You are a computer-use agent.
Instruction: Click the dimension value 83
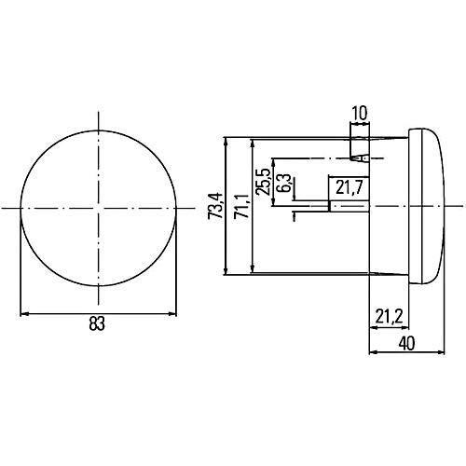(x=97, y=323)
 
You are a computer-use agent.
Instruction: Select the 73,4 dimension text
(x=215, y=205)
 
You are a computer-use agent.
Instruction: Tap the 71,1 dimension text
(x=242, y=206)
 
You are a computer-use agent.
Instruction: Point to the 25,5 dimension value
(x=263, y=182)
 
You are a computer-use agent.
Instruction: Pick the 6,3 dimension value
(x=284, y=183)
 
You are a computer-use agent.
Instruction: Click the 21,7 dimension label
(x=349, y=187)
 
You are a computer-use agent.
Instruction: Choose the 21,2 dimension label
(x=389, y=317)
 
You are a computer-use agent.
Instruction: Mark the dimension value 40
(x=406, y=344)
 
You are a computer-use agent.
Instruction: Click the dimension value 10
(x=360, y=114)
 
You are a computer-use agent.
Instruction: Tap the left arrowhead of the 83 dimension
(x=24, y=314)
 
